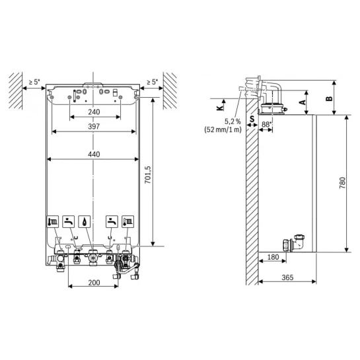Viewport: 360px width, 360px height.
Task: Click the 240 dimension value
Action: pyautogui.click(x=94, y=112)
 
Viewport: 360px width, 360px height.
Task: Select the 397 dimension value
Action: pyautogui.click(x=94, y=126)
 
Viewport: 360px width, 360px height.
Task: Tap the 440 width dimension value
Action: pyautogui.click(x=94, y=154)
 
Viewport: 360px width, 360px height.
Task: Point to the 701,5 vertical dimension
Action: pyautogui.click(x=148, y=175)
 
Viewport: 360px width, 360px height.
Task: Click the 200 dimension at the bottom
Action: pyautogui.click(x=94, y=283)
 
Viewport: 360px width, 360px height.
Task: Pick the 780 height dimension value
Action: pyautogui.click(x=342, y=183)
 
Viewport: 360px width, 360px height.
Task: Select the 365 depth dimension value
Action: pyautogui.click(x=287, y=277)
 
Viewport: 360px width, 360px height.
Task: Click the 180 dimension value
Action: pyautogui.click(x=273, y=257)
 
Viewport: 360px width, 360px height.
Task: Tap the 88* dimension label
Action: pyautogui.click(x=266, y=124)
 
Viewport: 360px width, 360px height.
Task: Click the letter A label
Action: pyautogui.click(x=303, y=102)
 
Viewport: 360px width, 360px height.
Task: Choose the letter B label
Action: pyautogui.click(x=329, y=98)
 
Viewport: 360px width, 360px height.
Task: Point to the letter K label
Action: pyautogui.click(x=220, y=108)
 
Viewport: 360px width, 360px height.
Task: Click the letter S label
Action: pyautogui.click(x=252, y=119)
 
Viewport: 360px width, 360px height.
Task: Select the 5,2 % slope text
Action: pyautogui.click(x=233, y=122)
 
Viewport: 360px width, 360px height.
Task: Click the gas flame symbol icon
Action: pyautogui.click(x=85, y=221)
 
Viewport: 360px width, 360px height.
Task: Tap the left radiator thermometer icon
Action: pyautogui.click(x=53, y=221)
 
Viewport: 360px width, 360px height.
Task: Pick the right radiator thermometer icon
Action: pyautogui.click(x=127, y=221)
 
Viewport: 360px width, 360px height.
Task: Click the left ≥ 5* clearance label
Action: pyautogui.click(x=34, y=82)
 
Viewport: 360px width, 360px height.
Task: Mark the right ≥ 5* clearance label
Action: pyautogui.click(x=152, y=82)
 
